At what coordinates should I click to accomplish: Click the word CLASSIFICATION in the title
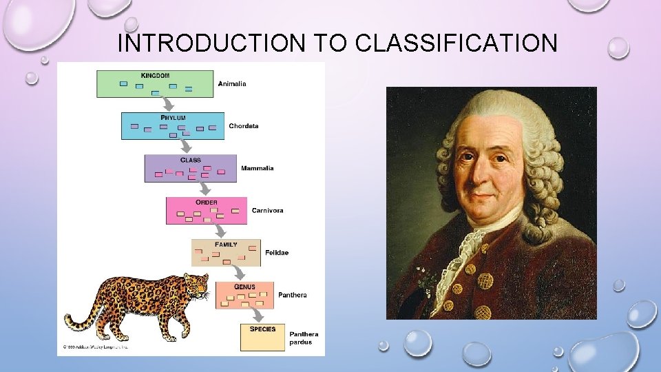[x=457, y=43]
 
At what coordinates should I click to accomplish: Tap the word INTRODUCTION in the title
[x=211, y=43]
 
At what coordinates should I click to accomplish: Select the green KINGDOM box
[x=155, y=83]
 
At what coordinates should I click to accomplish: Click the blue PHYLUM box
[x=173, y=126]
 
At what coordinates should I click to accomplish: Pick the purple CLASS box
[x=190, y=168]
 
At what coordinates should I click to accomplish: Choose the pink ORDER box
[x=206, y=211]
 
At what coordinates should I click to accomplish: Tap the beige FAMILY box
[x=226, y=253]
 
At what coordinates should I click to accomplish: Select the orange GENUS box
[x=244, y=295]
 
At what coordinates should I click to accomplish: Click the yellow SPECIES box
[x=262, y=337]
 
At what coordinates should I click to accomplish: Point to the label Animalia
[x=232, y=84]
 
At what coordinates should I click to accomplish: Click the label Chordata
[x=244, y=126]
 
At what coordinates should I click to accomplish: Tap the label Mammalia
[x=257, y=168]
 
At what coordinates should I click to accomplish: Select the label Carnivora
[x=267, y=210]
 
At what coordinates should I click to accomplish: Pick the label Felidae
[x=277, y=253]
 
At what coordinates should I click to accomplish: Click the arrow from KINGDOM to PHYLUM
[x=166, y=105]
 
